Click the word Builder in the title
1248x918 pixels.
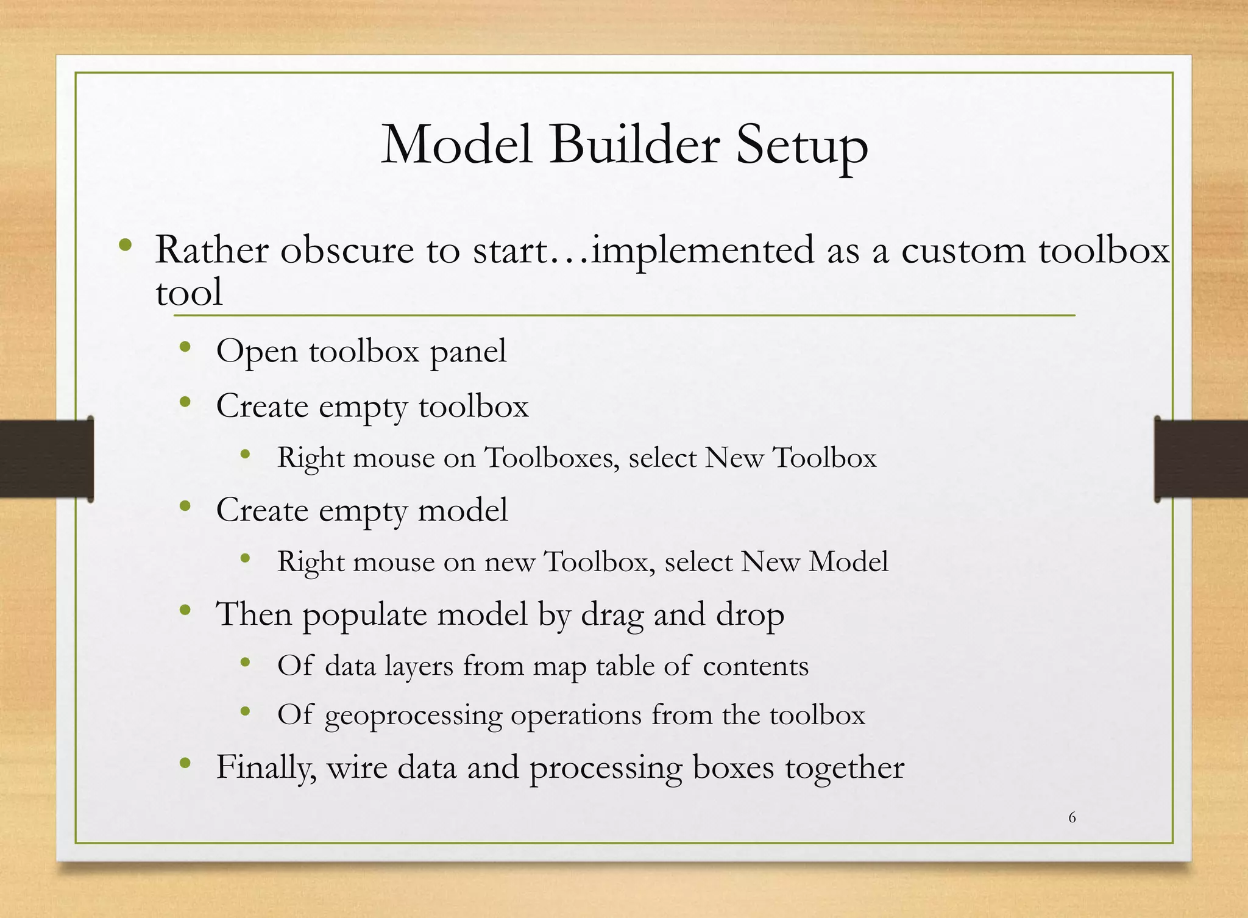pyautogui.click(x=634, y=145)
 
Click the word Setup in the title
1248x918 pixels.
pyautogui.click(x=801, y=146)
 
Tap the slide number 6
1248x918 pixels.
pyautogui.click(x=1072, y=817)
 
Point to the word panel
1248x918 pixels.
pyautogui.click(x=468, y=352)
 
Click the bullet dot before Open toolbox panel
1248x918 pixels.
pyautogui.click(x=186, y=348)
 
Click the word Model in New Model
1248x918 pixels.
pyautogui.click(x=848, y=561)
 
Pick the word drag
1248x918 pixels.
pyautogui.click(x=612, y=614)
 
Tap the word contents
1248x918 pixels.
pyautogui.click(x=756, y=666)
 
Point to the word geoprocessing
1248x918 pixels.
pyautogui.click(x=413, y=716)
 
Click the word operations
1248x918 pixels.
pyautogui.click(x=576, y=715)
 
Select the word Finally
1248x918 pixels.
pyautogui.click(x=266, y=767)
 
